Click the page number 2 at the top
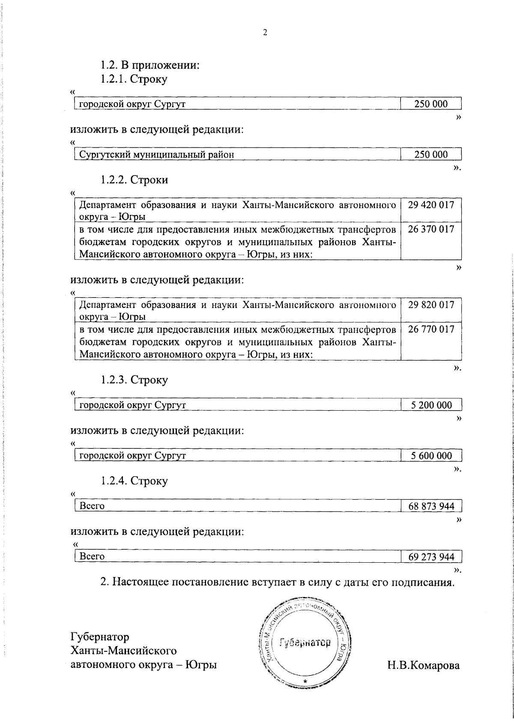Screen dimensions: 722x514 [x=265, y=33]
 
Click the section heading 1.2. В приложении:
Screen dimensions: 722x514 [x=150, y=65]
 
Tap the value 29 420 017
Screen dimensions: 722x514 [x=431, y=205]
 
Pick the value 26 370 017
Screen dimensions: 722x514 [x=431, y=229]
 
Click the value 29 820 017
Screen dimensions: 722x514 [x=431, y=305]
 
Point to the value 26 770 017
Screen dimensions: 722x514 [x=431, y=329]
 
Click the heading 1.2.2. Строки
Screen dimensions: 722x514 [x=134, y=180]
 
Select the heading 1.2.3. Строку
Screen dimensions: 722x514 [x=134, y=380]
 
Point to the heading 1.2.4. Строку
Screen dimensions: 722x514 [x=134, y=480]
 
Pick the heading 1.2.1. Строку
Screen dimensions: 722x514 [x=134, y=79]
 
